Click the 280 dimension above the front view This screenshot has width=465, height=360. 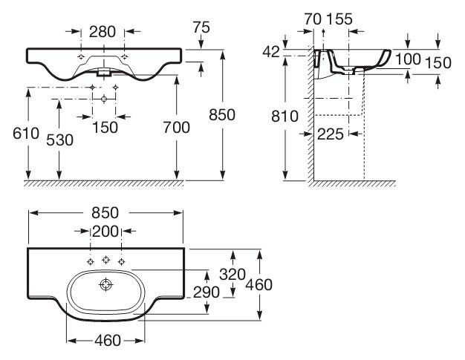point(103,31)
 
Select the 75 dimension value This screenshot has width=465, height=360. point(200,27)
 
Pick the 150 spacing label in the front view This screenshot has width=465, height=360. point(105,127)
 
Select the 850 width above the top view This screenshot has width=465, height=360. point(105,212)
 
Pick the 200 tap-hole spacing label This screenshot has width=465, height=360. point(105,231)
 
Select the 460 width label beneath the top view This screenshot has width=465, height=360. point(105,341)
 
